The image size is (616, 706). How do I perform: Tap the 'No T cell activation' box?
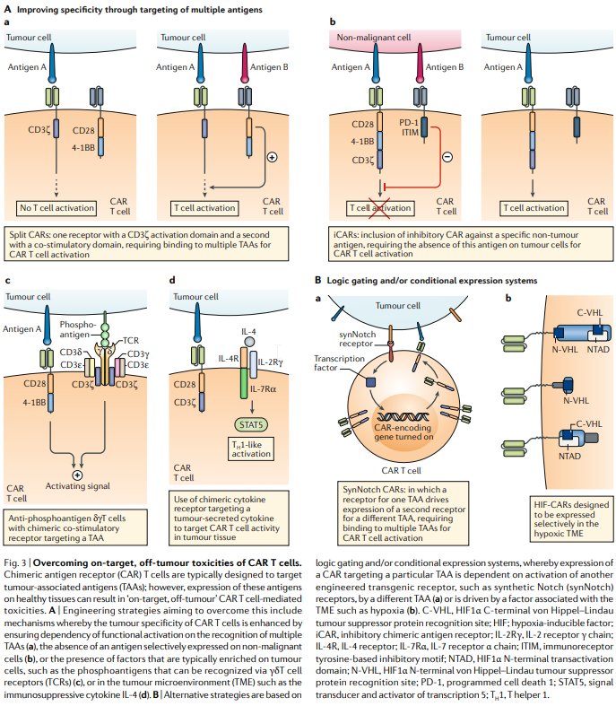58,209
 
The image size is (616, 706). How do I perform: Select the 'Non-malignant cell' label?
373,38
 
